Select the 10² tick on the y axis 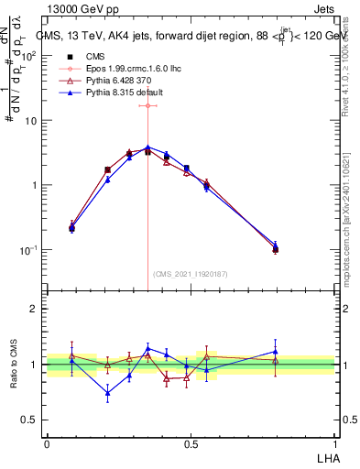coord(30,55)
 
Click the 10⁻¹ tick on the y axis coord(30,250)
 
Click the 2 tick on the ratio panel coord(35,309)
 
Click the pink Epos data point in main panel coord(148,105)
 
